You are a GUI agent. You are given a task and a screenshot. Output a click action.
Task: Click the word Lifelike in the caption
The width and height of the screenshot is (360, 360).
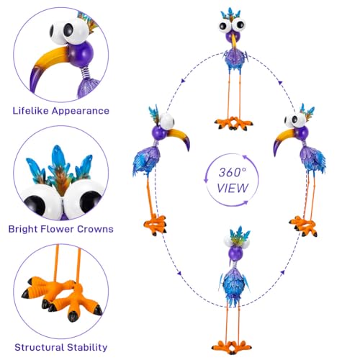click(31, 111)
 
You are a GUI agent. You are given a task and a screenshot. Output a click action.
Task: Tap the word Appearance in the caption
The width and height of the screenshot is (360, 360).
click(81, 111)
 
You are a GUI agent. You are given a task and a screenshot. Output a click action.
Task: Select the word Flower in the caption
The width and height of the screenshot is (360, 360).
click(56, 229)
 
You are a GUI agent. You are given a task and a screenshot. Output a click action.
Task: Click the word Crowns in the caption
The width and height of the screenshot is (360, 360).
click(95, 229)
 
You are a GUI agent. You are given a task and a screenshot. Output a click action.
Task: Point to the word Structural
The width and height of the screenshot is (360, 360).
click(40, 347)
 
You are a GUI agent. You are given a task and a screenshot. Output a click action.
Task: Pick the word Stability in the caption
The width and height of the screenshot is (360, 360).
click(87, 348)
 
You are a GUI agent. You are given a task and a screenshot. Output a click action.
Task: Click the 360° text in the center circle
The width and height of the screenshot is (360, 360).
click(233, 172)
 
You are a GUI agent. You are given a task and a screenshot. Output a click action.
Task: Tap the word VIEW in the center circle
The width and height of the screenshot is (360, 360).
click(233, 188)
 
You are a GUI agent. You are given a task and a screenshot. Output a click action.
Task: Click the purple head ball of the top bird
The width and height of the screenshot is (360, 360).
click(233, 37)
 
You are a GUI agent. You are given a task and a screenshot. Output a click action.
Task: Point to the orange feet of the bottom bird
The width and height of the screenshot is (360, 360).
click(231, 347)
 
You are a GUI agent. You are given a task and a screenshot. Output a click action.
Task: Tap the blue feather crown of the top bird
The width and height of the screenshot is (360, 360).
click(231, 14)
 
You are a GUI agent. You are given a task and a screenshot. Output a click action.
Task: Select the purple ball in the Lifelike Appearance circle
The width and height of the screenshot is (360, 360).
click(81, 54)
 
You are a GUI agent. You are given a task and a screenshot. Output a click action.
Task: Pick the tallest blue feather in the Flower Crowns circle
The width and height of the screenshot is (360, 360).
click(58, 158)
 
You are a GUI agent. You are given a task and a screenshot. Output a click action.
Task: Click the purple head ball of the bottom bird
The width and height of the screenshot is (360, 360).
click(235, 254)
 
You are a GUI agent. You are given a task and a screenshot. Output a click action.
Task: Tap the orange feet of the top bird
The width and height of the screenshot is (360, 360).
click(233, 123)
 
